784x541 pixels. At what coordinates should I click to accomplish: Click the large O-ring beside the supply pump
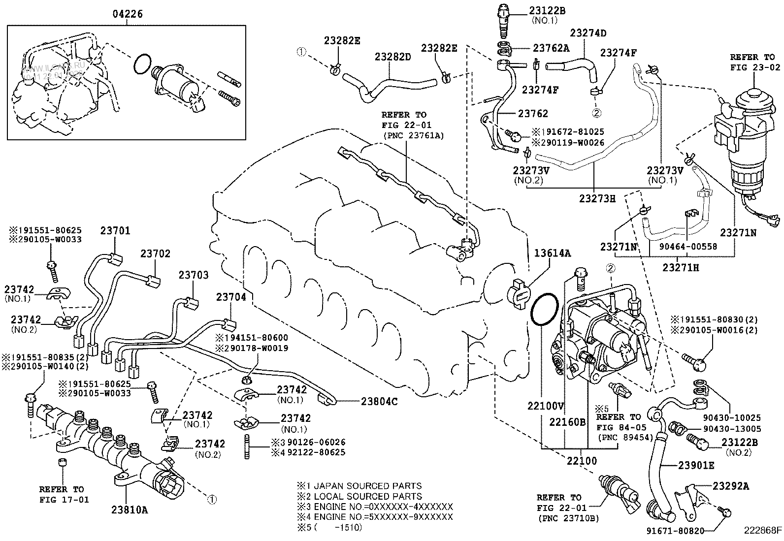coord(544,310)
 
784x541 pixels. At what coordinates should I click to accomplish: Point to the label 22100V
coord(545,406)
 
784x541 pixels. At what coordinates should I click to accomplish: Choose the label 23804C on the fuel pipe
coord(379,401)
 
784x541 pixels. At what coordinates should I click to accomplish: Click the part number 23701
coord(116,230)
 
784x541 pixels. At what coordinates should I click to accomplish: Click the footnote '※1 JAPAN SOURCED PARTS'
coord(359,486)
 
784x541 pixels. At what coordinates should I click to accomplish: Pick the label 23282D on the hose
coord(392,57)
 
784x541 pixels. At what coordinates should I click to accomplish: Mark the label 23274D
coord(588,33)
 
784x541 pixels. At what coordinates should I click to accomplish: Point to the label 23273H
coord(597,198)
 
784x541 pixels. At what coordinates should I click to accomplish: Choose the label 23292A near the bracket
coord(730,486)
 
